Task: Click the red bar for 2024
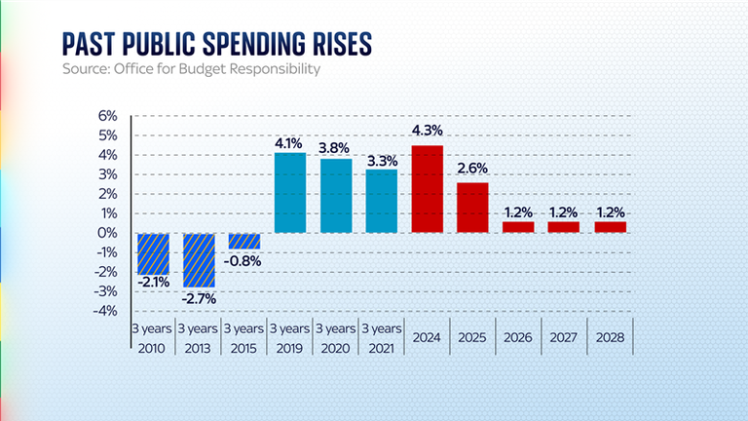tap(428, 189)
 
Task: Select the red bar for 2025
tap(472, 208)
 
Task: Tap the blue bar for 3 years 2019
tap(289, 193)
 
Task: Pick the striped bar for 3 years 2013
tap(199, 259)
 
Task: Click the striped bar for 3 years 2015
tap(244, 241)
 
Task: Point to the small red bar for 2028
tap(611, 227)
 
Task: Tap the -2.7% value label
tap(199, 297)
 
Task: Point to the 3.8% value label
tap(336, 148)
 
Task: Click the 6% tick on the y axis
tap(108, 116)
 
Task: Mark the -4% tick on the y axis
tap(106, 311)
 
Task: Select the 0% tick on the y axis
tap(108, 233)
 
